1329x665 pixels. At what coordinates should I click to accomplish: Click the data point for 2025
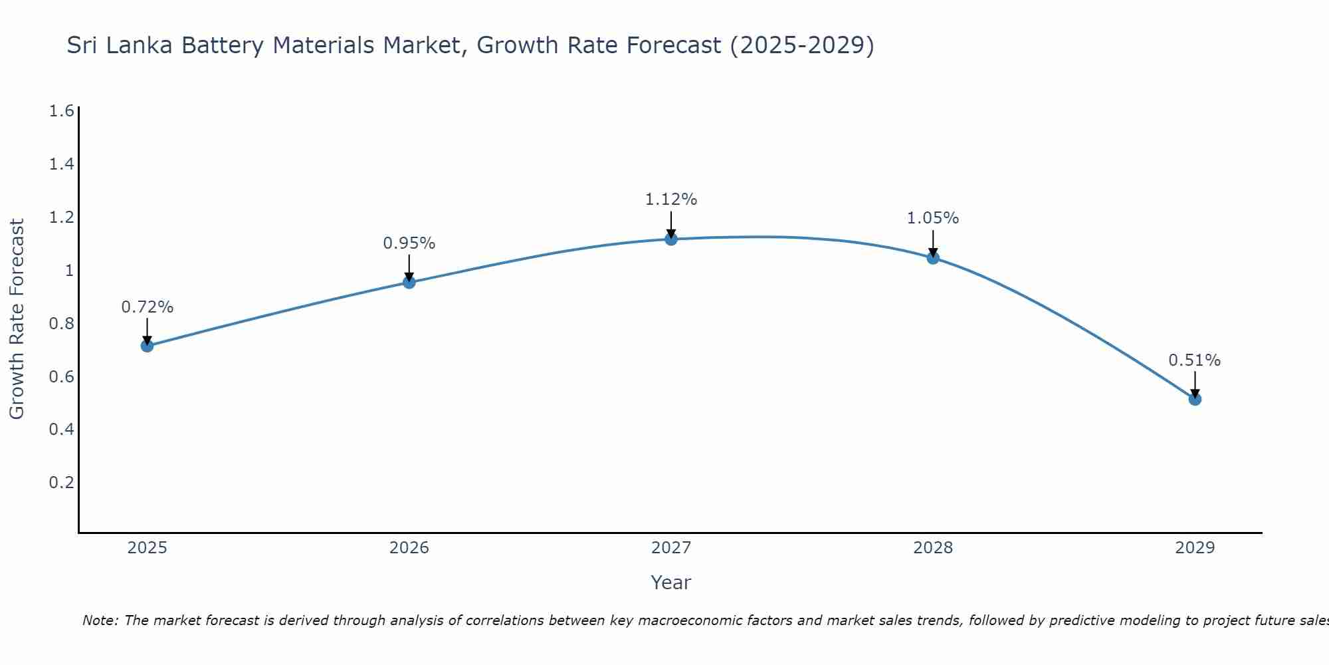pos(148,346)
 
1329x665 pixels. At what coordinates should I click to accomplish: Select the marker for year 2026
pos(409,283)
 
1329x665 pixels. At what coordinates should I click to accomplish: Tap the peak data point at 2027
pos(671,239)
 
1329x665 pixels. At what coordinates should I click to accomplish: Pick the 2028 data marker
pos(933,258)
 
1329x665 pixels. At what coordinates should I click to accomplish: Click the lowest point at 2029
pos(1195,399)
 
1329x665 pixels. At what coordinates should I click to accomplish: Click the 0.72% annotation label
pos(148,307)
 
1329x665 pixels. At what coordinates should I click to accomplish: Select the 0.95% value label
pos(409,243)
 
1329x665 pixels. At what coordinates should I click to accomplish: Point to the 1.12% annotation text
pos(671,199)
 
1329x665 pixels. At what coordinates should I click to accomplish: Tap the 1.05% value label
pos(933,218)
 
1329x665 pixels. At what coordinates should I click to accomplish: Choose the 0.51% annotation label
pos(1195,360)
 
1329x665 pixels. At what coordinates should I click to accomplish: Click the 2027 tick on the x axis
pos(671,548)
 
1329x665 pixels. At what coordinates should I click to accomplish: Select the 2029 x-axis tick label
pos(1195,548)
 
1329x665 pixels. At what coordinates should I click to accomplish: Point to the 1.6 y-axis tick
pos(61,111)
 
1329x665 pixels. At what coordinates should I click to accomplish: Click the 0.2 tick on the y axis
pos(61,482)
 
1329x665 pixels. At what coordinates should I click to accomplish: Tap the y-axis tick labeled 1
pos(69,271)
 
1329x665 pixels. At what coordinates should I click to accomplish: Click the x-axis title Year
pos(671,583)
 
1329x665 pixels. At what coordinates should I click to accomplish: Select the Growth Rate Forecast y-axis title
pos(17,319)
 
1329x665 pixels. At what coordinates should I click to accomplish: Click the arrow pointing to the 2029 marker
pos(1195,384)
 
